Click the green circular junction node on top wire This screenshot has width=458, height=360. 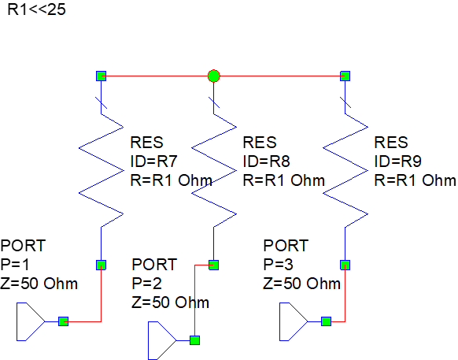pyautogui.click(x=213, y=76)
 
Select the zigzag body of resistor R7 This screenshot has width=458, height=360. pyautogui.click(x=101, y=169)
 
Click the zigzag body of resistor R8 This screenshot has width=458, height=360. pyautogui.click(x=213, y=169)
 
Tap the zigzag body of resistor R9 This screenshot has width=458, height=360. pyautogui.click(x=345, y=169)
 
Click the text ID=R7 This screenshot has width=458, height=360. pyautogui.click(x=154, y=161)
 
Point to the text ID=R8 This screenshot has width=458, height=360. pyautogui.click(x=268, y=161)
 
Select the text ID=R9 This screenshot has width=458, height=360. pyautogui.click(x=399, y=161)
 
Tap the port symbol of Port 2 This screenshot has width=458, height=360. pyautogui.click(x=161, y=342)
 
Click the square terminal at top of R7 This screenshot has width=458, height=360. pyautogui.click(x=101, y=76)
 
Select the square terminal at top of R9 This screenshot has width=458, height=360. pyautogui.click(x=345, y=76)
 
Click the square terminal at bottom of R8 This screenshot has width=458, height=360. pyautogui.click(x=213, y=265)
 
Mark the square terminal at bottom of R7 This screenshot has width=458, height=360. pyautogui.click(x=101, y=265)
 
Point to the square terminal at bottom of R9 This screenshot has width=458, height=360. pyautogui.click(x=345, y=265)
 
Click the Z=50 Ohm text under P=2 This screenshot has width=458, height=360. pyautogui.click(x=170, y=302)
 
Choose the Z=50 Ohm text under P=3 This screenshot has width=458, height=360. pyautogui.click(x=302, y=283)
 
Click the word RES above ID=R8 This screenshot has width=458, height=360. pyautogui.click(x=259, y=143)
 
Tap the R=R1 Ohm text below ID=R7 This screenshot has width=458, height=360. pyautogui.click(x=170, y=180)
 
